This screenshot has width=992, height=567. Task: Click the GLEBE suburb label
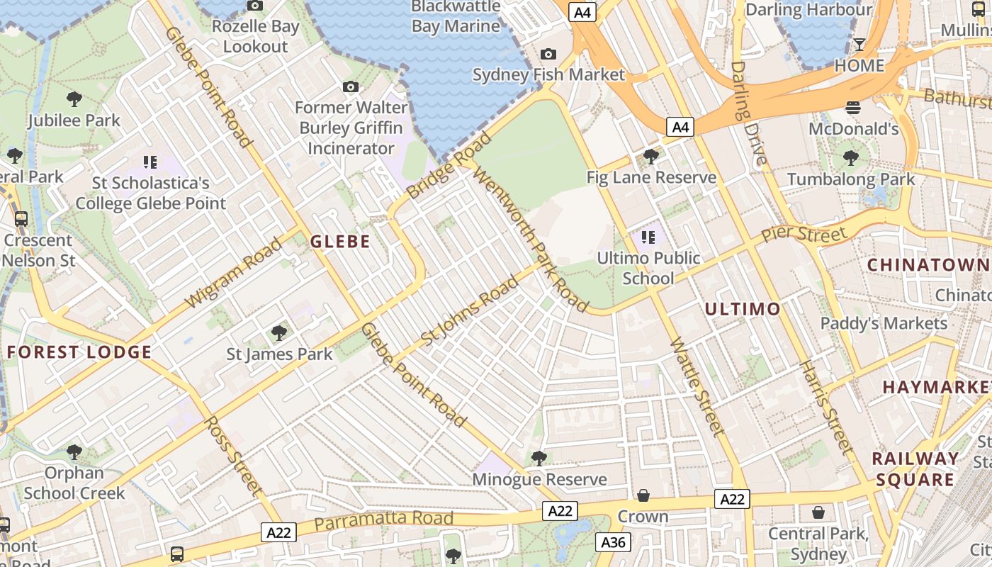click(x=340, y=242)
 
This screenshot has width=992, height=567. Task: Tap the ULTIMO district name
click(x=743, y=309)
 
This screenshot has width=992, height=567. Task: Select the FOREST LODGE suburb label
click(x=79, y=352)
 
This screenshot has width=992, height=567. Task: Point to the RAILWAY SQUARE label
click(x=915, y=468)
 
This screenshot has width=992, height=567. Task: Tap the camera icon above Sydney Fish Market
click(x=548, y=55)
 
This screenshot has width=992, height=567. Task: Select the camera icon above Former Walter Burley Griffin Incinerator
click(x=350, y=87)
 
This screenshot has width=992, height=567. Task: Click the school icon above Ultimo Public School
click(x=648, y=237)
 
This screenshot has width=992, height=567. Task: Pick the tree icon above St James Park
click(x=279, y=332)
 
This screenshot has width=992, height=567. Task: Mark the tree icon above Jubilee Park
click(x=74, y=99)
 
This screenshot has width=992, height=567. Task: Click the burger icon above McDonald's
click(x=853, y=108)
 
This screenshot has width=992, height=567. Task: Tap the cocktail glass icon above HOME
click(x=859, y=45)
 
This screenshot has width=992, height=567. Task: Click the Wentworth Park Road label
click(x=531, y=239)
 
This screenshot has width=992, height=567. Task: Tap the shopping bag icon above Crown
click(x=643, y=495)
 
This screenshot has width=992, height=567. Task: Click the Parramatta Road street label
click(x=383, y=520)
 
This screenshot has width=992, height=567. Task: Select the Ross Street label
click(x=233, y=455)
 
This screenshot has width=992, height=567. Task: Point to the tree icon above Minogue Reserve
click(x=539, y=458)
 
